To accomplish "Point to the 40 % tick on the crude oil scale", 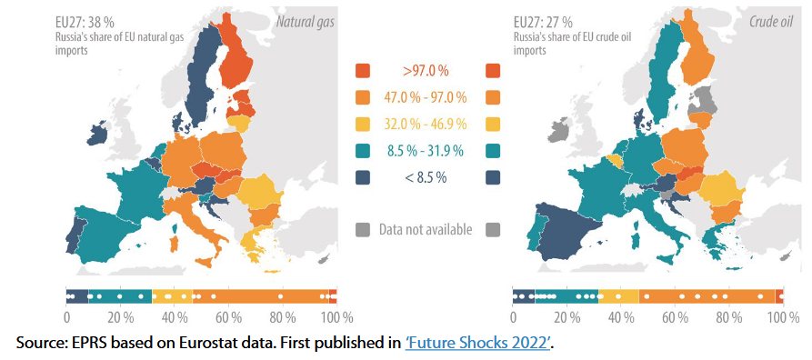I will pos(620,317).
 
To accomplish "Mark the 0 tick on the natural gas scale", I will pos(66,317).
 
